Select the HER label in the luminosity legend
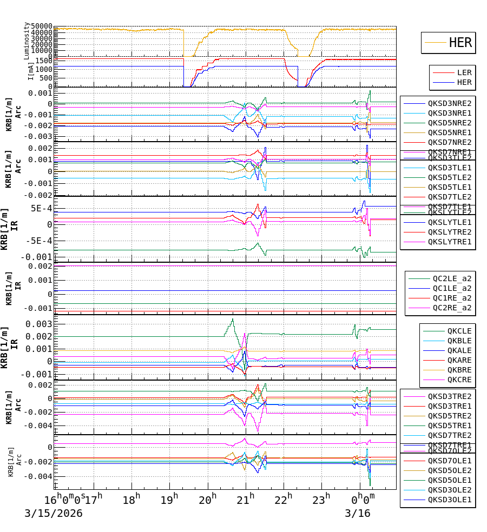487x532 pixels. click(x=460, y=43)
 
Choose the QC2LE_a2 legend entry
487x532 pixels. click(x=452, y=278)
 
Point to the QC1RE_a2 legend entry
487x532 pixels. click(x=452, y=298)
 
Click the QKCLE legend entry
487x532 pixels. click(x=459, y=331)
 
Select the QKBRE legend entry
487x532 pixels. click(x=459, y=370)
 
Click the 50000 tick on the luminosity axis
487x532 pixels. click(x=42, y=26)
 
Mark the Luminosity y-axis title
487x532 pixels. click(x=27, y=41)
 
